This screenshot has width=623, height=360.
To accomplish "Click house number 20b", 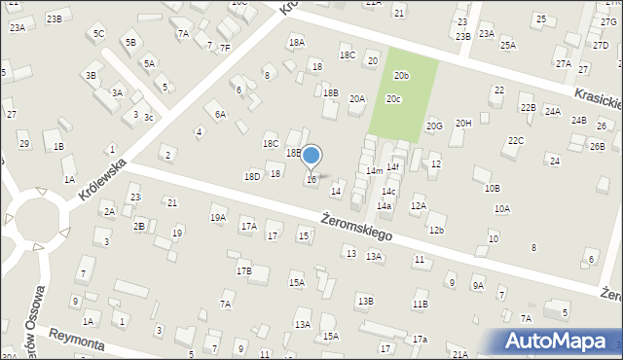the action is [401, 75].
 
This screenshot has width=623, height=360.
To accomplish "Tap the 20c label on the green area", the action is [393, 98].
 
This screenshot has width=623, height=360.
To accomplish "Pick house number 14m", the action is [374, 170].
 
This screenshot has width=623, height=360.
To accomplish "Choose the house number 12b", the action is [436, 230].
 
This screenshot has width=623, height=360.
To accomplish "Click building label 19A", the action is [217, 218].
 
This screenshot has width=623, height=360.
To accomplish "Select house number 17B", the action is [243, 270].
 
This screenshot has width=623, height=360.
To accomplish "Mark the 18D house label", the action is [252, 176].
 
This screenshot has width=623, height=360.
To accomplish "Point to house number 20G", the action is [434, 126].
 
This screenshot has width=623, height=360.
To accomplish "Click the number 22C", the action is [515, 140].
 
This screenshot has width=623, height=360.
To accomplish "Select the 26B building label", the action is [597, 146].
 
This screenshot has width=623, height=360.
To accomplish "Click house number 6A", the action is [220, 114].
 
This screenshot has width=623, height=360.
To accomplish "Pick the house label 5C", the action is [98, 33].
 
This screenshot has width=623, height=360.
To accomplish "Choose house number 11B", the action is [420, 304].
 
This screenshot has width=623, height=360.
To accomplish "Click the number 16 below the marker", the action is [311, 179].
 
